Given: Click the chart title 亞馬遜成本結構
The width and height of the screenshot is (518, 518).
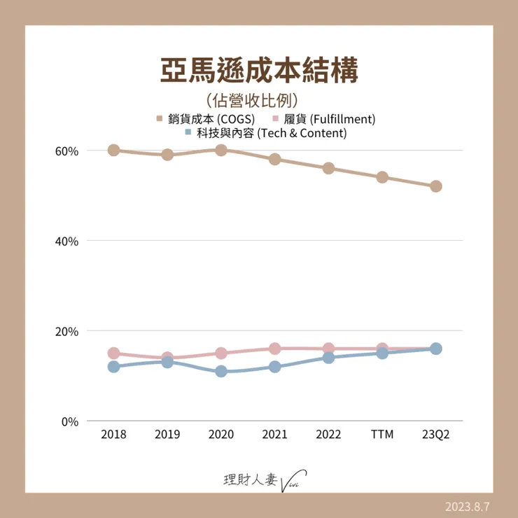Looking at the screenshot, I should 259,71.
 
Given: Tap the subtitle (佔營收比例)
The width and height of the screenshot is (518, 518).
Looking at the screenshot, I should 259,100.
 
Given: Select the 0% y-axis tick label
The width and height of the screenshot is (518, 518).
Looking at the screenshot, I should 69,421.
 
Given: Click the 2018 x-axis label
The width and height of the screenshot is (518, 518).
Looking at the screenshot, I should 113,435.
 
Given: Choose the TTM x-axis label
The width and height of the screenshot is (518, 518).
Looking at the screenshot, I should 382,435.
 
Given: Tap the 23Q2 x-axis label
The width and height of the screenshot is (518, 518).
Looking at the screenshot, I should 435,435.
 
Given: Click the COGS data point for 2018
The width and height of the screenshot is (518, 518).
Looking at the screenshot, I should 113,150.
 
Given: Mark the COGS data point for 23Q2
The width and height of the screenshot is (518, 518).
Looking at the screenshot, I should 435,186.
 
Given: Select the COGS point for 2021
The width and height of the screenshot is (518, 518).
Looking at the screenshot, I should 274,159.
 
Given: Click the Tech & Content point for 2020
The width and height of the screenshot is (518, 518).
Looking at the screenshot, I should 221,372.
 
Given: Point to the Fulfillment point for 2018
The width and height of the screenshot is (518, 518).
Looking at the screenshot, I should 113,353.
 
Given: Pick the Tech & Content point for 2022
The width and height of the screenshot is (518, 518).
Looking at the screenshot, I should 328,358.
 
